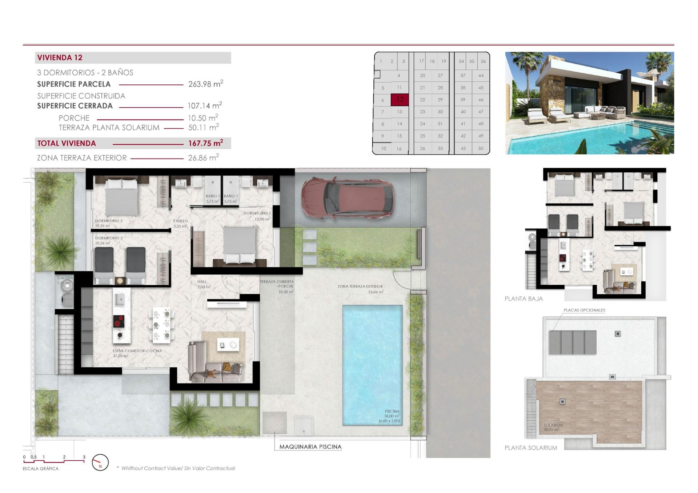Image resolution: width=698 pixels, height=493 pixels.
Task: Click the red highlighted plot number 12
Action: pos(400,100)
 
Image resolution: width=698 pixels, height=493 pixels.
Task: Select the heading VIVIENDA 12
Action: pos(60,57)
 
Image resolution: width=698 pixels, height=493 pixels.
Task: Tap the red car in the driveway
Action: pos(347,198)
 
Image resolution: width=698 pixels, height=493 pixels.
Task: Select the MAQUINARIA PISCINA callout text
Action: pos(310,447)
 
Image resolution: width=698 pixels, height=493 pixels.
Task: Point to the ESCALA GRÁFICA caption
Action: pos(40,469)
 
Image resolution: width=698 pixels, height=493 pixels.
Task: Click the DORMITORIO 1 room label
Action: pos(257,213)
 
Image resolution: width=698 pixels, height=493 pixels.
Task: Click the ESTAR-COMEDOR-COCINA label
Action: pos(137,351)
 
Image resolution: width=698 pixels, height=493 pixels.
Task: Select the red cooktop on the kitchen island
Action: pos(119,322)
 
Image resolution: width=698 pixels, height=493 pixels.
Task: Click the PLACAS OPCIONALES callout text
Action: pos(584,310)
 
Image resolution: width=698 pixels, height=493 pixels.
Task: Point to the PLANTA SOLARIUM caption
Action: pos(530,448)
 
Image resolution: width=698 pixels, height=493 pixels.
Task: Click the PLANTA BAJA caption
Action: pos(523,299)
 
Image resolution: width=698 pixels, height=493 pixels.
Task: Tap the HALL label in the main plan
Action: pos(202,282)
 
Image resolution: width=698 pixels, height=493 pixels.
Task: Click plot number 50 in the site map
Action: pos(481,148)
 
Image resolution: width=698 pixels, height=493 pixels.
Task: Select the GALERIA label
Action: pos(65,278)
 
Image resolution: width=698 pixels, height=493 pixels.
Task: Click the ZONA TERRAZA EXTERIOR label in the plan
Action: pos(360,286)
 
